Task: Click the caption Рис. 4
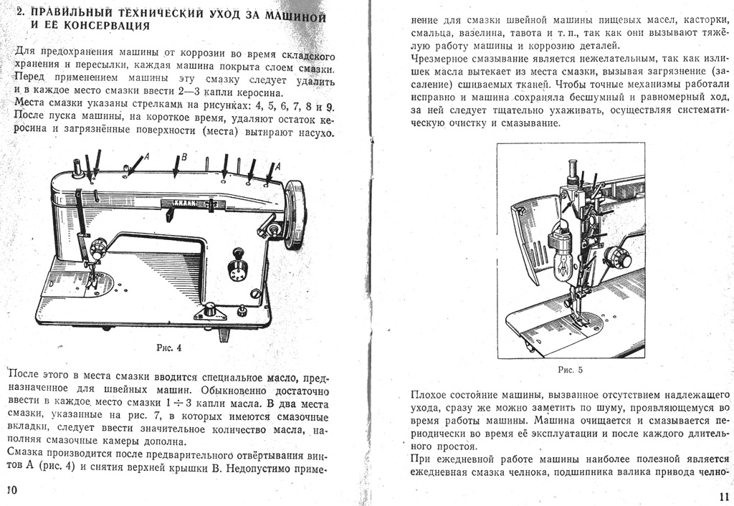coord(169,348)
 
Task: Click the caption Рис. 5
coord(570,370)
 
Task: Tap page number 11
coord(724,496)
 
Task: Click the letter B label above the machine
coord(184,157)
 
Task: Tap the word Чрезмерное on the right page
coord(439,59)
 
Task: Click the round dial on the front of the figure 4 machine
coord(237,270)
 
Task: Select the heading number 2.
coord(20,12)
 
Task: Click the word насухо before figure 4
coord(316,133)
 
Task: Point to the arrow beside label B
coord(176,167)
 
